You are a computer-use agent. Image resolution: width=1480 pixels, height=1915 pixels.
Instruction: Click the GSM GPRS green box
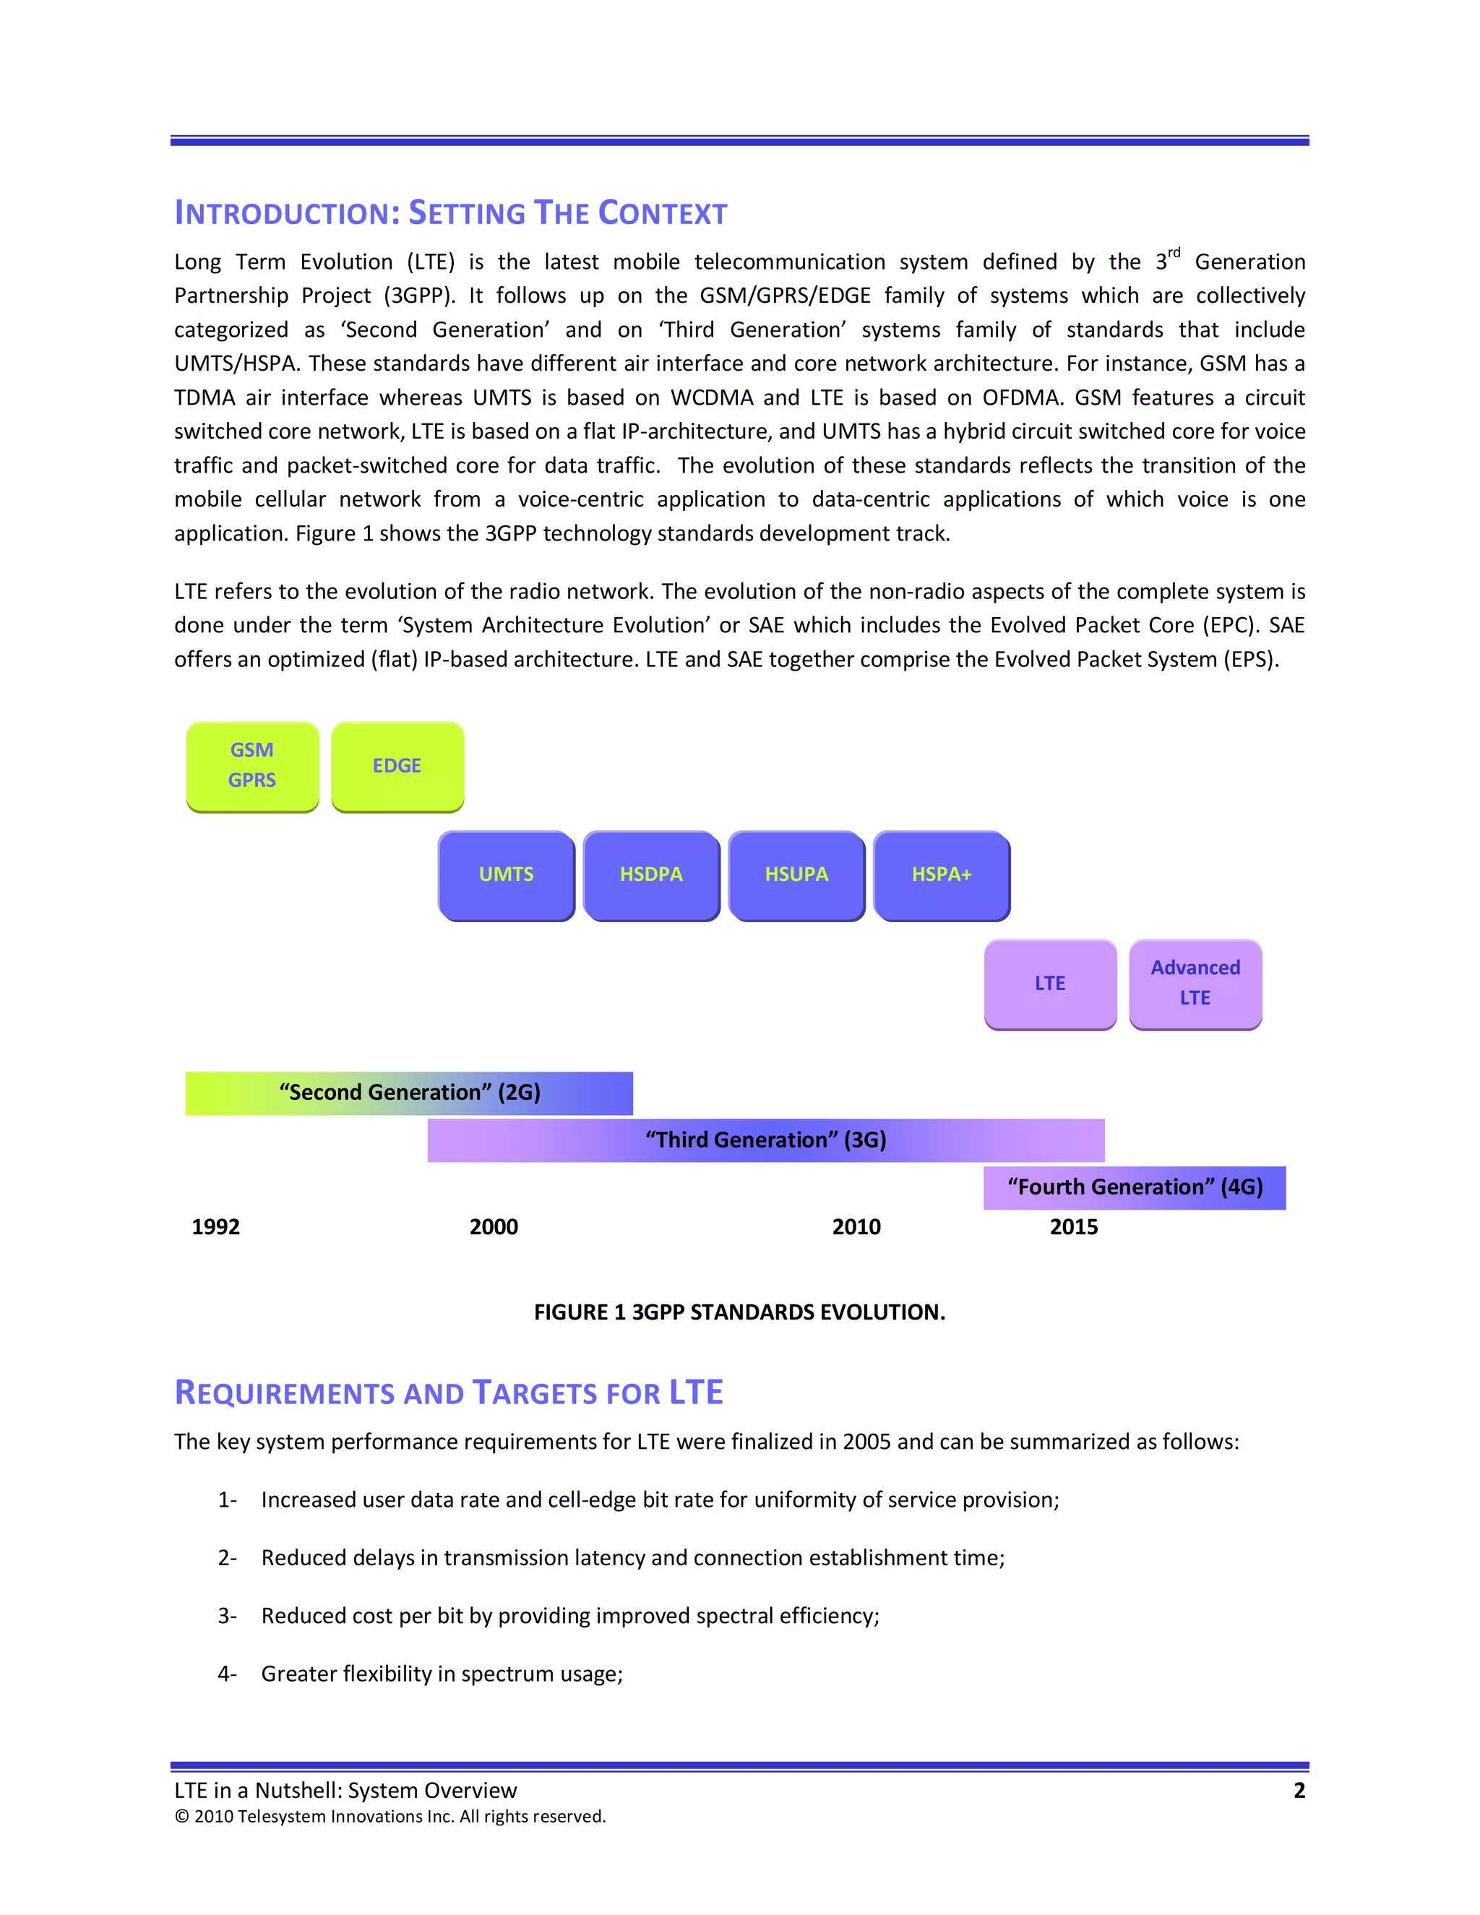tap(252, 765)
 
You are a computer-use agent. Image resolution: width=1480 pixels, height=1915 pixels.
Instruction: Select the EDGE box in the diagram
tap(397, 765)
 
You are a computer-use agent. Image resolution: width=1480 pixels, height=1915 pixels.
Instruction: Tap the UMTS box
tap(506, 874)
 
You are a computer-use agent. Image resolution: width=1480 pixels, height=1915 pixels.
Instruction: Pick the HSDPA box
tap(650, 874)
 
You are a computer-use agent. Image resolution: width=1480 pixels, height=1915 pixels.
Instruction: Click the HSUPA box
tap(796, 874)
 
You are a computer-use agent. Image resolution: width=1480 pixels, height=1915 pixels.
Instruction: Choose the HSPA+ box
tap(942, 874)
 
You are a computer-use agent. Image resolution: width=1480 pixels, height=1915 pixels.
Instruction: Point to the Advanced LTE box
tap(1195, 983)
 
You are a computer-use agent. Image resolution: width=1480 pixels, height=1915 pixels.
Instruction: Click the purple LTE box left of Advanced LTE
tap(1049, 983)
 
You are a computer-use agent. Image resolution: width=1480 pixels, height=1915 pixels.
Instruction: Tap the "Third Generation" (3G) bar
tap(765, 1140)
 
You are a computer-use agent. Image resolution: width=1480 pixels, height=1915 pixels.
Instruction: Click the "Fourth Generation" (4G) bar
tap(1135, 1187)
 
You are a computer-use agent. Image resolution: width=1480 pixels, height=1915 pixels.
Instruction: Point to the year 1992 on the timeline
tap(215, 1227)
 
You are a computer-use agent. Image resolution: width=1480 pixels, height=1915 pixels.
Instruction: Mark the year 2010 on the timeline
tap(856, 1227)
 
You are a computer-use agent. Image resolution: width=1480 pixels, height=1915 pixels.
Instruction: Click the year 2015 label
tap(1073, 1227)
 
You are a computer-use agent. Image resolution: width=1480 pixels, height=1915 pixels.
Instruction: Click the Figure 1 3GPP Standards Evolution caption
tap(739, 1312)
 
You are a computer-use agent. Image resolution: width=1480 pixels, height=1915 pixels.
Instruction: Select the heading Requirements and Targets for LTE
tap(448, 1393)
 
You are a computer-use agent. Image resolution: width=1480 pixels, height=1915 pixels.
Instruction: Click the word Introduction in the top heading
tap(287, 213)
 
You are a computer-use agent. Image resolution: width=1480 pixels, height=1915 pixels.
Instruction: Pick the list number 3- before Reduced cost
tap(227, 1616)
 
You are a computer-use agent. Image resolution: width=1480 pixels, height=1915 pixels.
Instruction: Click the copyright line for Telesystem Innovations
tap(390, 1816)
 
